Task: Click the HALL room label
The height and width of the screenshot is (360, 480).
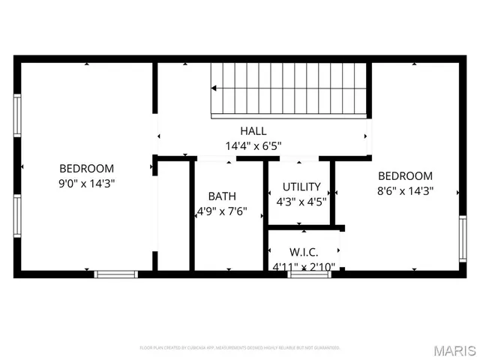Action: pyautogui.click(x=253, y=130)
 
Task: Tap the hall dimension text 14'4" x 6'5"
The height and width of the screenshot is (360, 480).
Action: pyautogui.click(x=253, y=145)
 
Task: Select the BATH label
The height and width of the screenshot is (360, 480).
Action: pyautogui.click(x=222, y=196)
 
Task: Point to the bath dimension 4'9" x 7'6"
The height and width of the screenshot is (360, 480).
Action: pyautogui.click(x=222, y=211)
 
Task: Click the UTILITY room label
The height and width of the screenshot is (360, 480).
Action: pyautogui.click(x=301, y=187)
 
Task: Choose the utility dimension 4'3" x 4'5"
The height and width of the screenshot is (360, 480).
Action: pyautogui.click(x=301, y=201)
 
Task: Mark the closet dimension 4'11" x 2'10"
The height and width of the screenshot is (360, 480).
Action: pyautogui.click(x=304, y=265)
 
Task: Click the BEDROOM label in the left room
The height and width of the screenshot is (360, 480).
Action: pyautogui.click(x=87, y=169)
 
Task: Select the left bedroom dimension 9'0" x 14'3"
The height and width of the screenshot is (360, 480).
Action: pyautogui.click(x=87, y=183)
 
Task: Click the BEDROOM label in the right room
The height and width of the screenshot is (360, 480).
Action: pyautogui.click(x=405, y=176)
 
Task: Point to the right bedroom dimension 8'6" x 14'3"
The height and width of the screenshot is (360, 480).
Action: pyautogui.click(x=405, y=190)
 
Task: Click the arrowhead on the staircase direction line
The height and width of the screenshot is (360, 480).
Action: pyautogui.click(x=214, y=88)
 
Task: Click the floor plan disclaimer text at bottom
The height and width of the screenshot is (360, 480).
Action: pyautogui.click(x=240, y=348)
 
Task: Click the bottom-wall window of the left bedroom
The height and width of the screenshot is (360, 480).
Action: pyautogui.click(x=116, y=274)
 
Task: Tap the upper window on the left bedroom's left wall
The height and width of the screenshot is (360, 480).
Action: pyautogui.click(x=16, y=116)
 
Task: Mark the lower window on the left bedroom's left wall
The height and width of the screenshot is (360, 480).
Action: pyautogui.click(x=16, y=216)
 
